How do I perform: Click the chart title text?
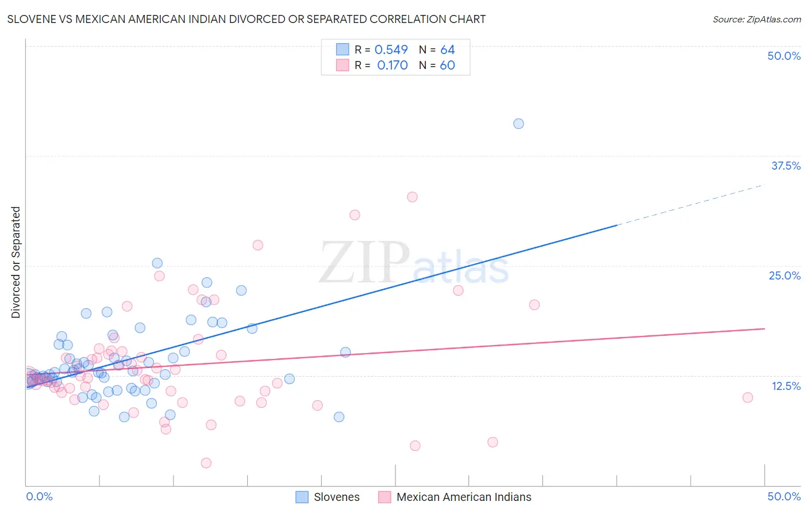click(247, 20)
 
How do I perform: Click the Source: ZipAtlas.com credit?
click(756, 20)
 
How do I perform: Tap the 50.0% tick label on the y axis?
click(784, 56)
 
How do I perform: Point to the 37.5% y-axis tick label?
click(786, 166)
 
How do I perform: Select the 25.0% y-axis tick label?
click(784, 275)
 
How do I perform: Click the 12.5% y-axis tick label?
click(786, 386)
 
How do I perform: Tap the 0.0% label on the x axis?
click(39, 496)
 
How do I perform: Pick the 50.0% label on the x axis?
click(784, 496)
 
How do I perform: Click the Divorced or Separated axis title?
click(16, 262)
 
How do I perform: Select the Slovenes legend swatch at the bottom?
click(302, 497)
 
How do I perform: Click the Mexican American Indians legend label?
click(464, 497)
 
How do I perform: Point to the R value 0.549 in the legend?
click(391, 50)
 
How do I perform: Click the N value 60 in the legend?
click(447, 66)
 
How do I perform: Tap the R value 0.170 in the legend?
click(392, 66)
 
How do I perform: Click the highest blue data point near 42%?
click(518, 124)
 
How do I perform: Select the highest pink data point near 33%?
click(412, 197)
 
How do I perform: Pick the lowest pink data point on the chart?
click(206, 463)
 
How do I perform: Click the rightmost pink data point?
click(748, 397)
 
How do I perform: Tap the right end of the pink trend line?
click(764, 328)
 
